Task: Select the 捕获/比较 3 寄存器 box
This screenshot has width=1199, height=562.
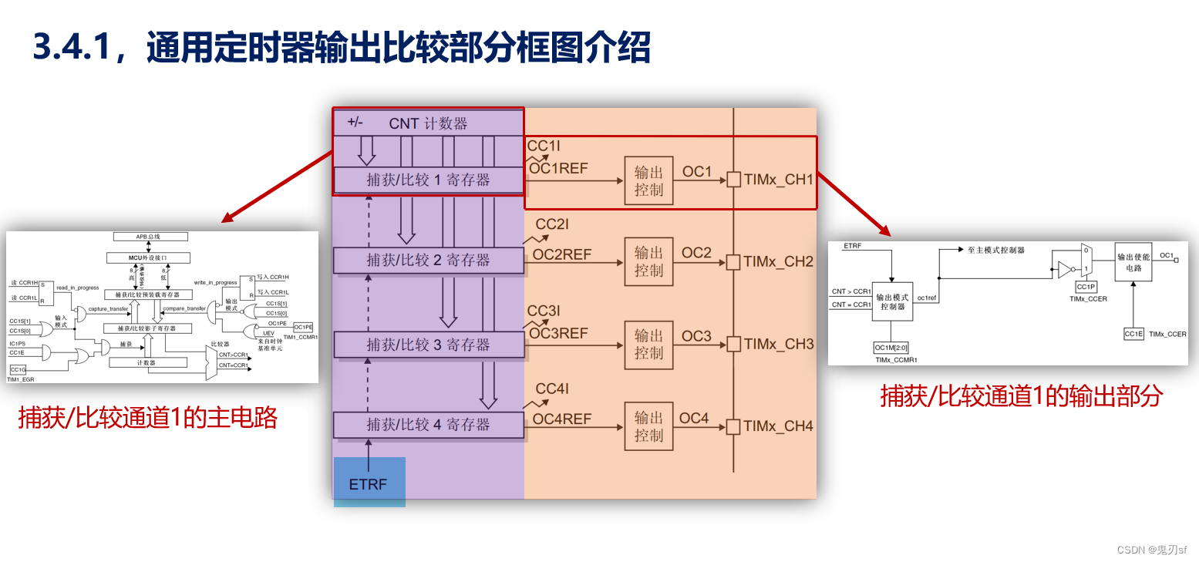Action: tap(428, 345)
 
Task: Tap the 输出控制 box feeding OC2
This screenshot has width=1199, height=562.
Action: tap(648, 261)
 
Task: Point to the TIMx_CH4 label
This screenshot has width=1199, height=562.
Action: tap(778, 426)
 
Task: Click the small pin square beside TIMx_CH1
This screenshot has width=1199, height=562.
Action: tap(733, 180)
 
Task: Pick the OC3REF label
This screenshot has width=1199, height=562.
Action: tap(560, 334)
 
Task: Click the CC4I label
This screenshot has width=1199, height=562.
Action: tap(552, 389)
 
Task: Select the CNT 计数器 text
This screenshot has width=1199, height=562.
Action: tap(428, 123)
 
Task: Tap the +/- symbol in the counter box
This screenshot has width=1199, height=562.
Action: tap(355, 122)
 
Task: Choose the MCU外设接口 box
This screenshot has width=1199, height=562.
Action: tap(147, 257)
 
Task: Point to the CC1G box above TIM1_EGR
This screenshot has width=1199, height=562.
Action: tap(17, 370)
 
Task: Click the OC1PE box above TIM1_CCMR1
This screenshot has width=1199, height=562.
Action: tap(303, 327)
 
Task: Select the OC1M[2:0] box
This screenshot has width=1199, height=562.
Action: tap(891, 348)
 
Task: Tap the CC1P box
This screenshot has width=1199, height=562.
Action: tap(1086, 287)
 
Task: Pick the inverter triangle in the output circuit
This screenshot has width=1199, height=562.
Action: tap(1065, 269)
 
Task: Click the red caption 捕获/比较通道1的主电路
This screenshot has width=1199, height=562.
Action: tap(148, 418)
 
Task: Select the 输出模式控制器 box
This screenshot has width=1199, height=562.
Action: tap(892, 301)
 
